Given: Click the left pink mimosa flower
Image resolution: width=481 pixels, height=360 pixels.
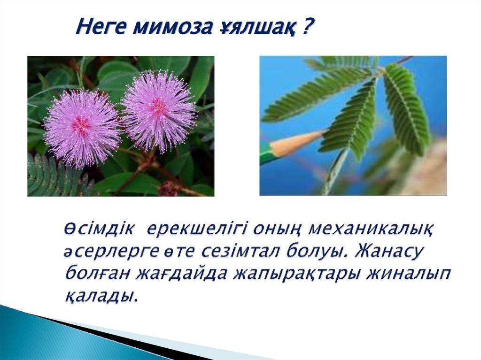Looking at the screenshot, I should click(81, 127).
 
